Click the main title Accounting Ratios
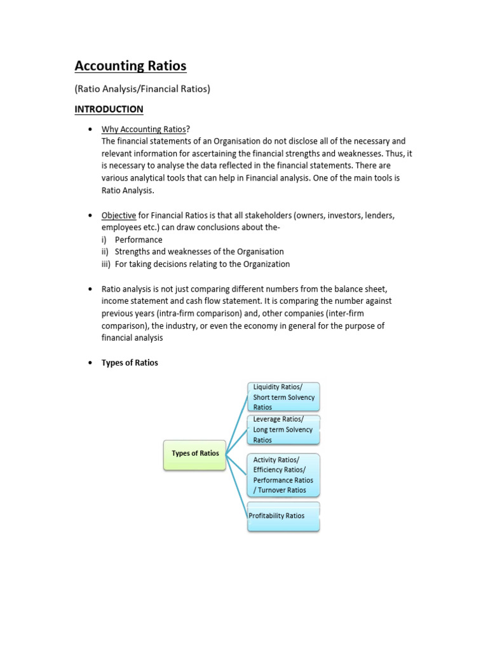pyautogui.click(x=130, y=66)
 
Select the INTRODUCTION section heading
pyautogui.click(x=109, y=109)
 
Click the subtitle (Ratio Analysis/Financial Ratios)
pyautogui.click(x=142, y=89)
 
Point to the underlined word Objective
pyautogui.click(x=119, y=216)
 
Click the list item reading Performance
pyautogui.click(x=139, y=240)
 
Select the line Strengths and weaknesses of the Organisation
pyautogui.click(x=199, y=252)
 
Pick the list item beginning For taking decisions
pyautogui.click(x=202, y=264)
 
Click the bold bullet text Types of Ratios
pyautogui.click(x=130, y=362)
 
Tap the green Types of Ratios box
pyautogui.click(x=194, y=454)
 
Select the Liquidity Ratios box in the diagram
pyautogui.click(x=283, y=397)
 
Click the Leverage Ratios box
pyautogui.click(x=283, y=430)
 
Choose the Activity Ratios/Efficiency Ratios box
pyautogui.click(x=283, y=475)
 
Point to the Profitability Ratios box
pyautogui.click(x=283, y=516)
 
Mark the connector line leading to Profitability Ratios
pyautogui.click(x=236, y=486)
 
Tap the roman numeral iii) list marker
pyautogui.click(x=105, y=264)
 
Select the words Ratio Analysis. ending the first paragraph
pyautogui.click(x=128, y=190)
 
